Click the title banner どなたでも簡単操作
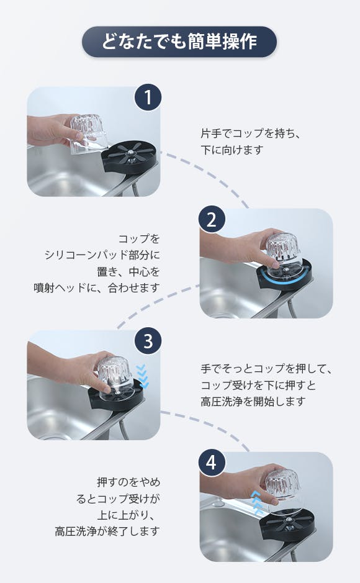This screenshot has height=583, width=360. [179, 41]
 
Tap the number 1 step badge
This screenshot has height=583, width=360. [148, 97]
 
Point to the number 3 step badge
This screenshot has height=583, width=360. [148, 341]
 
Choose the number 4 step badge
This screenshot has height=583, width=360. [212, 463]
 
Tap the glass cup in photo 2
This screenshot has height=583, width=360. [283, 255]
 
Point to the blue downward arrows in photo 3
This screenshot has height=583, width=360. [142, 377]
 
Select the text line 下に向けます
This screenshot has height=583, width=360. [232, 150]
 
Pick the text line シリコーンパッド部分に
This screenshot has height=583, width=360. [102, 255]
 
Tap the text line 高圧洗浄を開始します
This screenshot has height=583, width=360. [253, 402]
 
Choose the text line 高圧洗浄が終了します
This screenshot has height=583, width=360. [107, 531]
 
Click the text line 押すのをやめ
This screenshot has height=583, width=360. [128, 482]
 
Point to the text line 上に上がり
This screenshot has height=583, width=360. [126, 515]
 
